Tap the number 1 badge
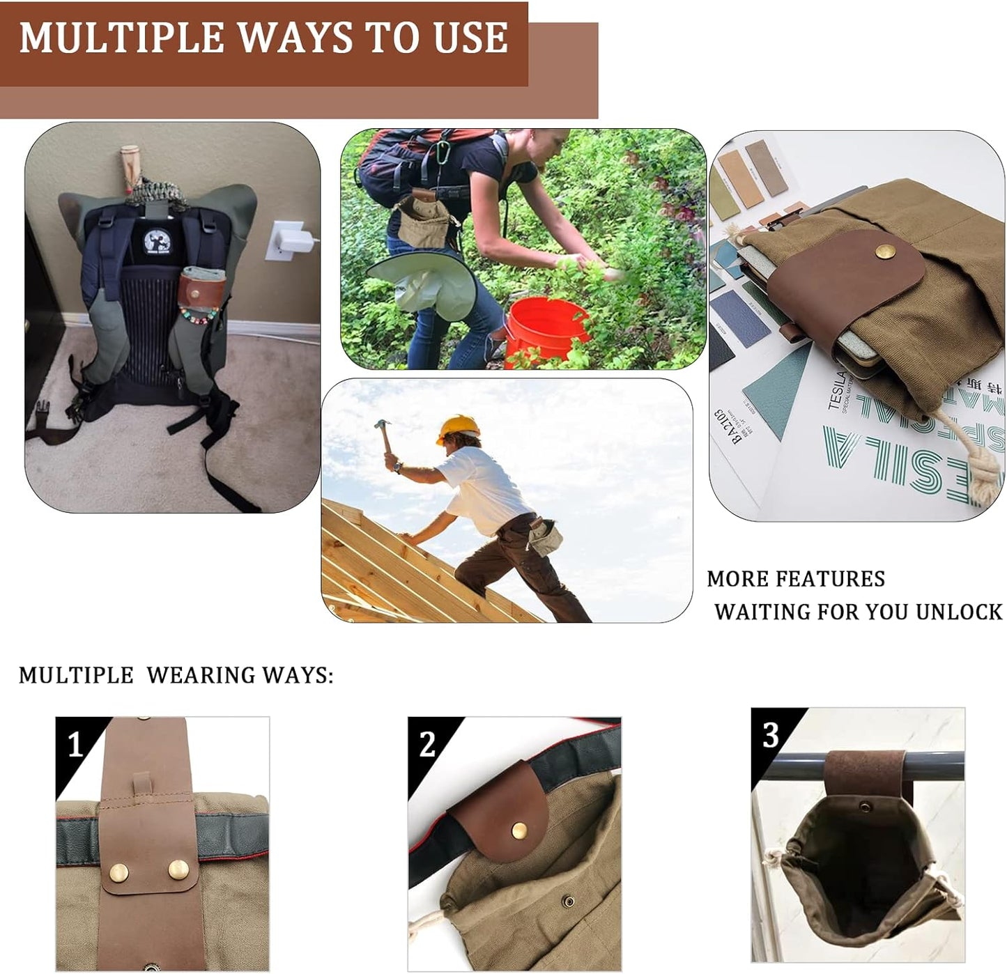(75, 745)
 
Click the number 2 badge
(426, 745)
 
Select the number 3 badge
(770, 734)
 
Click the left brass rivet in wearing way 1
(119, 871)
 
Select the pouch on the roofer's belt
(543, 536)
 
